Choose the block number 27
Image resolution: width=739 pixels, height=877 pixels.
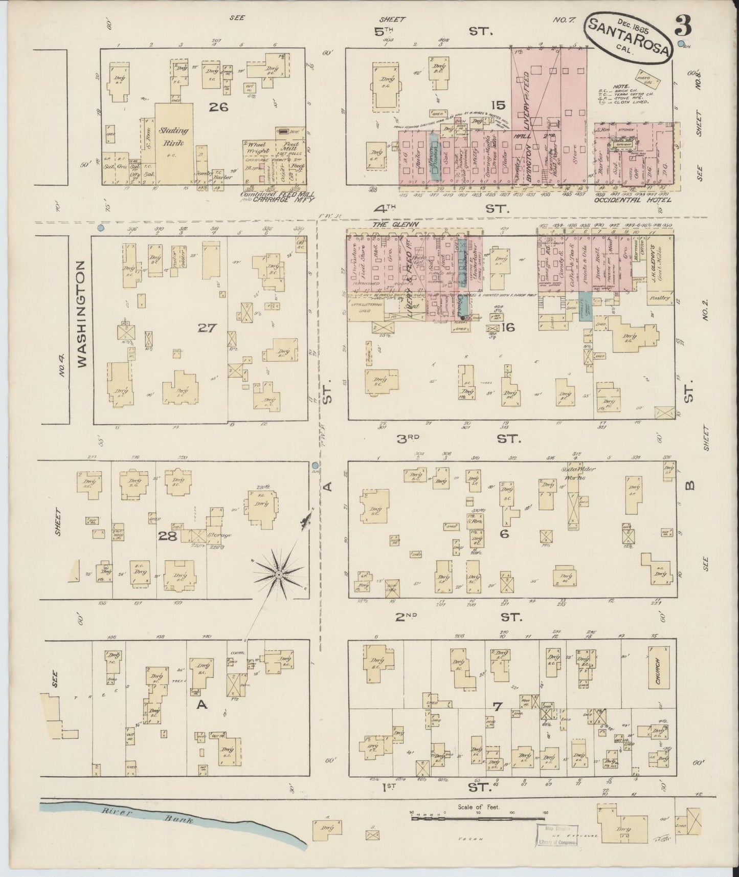tap(208, 328)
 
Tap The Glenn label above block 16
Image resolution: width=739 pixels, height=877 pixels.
tap(388, 224)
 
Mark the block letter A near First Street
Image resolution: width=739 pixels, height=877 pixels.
tap(202, 705)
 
